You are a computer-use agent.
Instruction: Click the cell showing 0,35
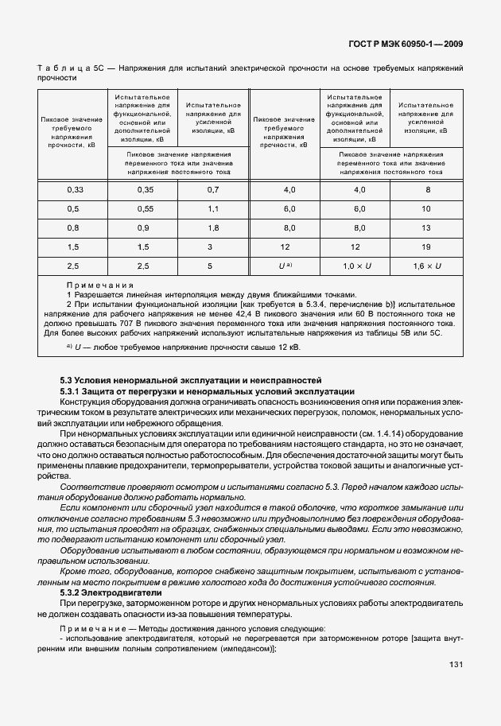[x=144, y=189]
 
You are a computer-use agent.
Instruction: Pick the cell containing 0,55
[x=144, y=208]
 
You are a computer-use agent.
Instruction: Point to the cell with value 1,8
[x=212, y=227]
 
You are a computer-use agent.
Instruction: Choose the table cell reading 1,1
[x=212, y=208]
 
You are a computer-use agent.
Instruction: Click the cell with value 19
[x=426, y=247]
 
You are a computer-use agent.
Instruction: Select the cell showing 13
[x=426, y=227]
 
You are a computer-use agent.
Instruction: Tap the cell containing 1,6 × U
[x=426, y=266]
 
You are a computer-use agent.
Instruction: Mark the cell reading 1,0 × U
[x=359, y=266]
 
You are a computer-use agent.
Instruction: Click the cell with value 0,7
[x=212, y=189]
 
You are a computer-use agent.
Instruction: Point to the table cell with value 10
[x=426, y=208]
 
